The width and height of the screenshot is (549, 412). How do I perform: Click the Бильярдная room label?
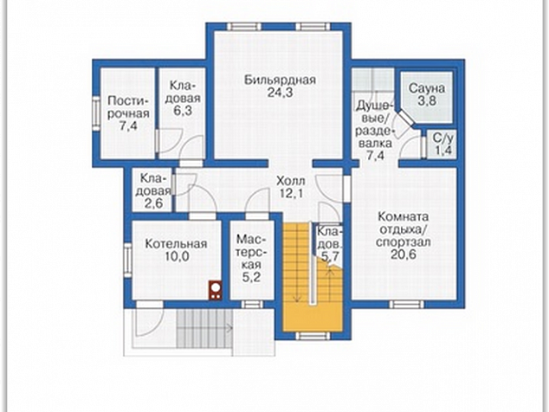pyautogui.click(x=280, y=80)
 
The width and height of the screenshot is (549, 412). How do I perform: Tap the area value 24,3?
pyautogui.click(x=280, y=93)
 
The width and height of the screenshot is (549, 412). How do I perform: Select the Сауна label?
pyautogui.click(x=427, y=88)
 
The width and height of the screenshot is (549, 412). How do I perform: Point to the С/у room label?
pyautogui.click(x=443, y=138)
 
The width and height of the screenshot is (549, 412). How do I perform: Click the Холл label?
pyautogui.click(x=291, y=181)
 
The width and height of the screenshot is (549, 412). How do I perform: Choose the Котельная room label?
pyautogui.click(x=176, y=243)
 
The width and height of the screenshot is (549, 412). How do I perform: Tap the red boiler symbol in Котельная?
pyautogui.click(x=216, y=290)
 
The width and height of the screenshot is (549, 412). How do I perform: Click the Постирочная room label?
pyautogui.click(x=128, y=107)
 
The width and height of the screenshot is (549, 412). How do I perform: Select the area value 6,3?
pyautogui.click(x=183, y=111)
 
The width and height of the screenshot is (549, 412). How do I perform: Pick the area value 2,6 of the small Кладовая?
pyautogui.click(x=154, y=203)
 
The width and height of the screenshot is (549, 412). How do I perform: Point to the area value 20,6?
pyautogui.click(x=404, y=254)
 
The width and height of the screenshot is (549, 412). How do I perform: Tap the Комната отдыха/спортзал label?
pyautogui.click(x=403, y=229)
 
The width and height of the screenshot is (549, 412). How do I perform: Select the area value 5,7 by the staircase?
pyautogui.click(x=330, y=256)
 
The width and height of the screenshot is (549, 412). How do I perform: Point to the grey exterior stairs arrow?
pyautogui.click(x=227, y=328)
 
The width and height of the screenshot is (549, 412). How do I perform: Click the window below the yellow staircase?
pyautogui.click(x=313, y=337)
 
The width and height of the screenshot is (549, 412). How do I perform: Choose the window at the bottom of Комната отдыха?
pyautogui.click(x=406, y=304)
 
